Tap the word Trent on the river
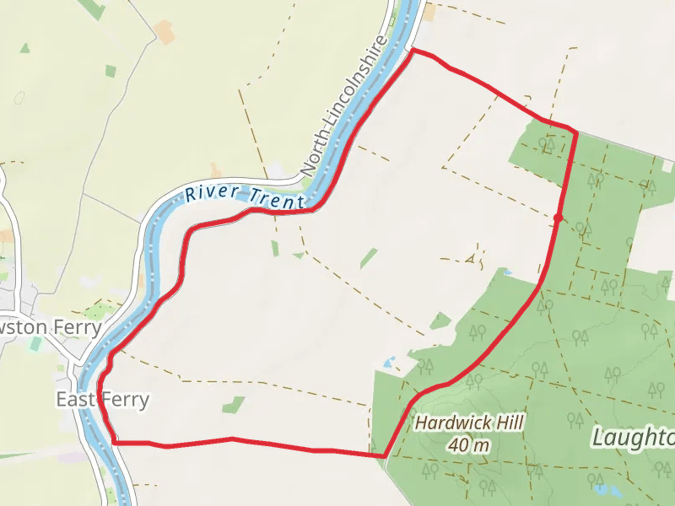point(277,199)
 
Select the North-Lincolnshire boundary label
point(344,105)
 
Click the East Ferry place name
point(102,399)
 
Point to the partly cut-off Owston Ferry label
point(51,326)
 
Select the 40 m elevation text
point(469,444)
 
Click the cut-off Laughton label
point(633,438)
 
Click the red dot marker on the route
point(558,218)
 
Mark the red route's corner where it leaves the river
point(413,51)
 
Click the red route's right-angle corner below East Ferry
point(113,441)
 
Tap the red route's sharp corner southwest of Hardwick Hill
point(385,456)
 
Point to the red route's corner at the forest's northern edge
point(575,132)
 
